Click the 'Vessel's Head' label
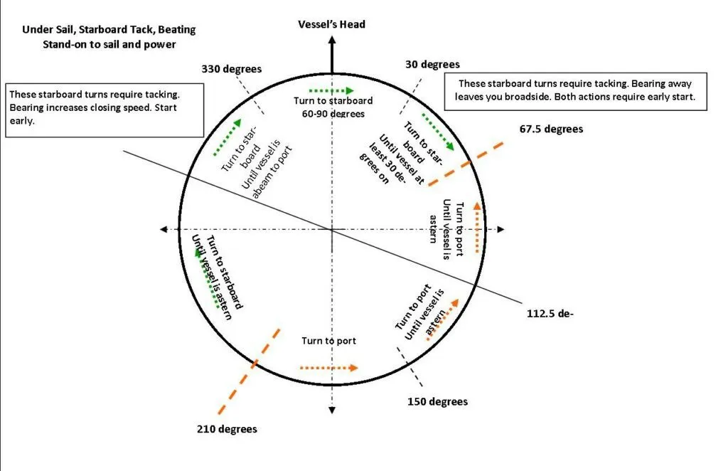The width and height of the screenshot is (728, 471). (331, 24)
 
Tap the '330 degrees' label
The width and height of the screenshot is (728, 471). (232, 69)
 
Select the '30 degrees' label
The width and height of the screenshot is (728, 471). (432, 64)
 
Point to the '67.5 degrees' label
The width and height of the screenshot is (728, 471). (551, 129)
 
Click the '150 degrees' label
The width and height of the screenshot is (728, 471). (437, 402)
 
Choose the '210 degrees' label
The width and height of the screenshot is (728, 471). (227, 429)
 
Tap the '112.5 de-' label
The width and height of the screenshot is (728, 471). (550, 312)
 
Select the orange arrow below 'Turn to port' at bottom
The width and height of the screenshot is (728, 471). (328, 368)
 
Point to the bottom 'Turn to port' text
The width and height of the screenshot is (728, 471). (328, 341)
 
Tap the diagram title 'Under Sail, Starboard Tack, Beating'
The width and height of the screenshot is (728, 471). (109, 30)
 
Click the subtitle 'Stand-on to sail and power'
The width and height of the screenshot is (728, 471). (109, 44)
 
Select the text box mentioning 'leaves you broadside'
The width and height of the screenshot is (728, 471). (576, 91)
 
